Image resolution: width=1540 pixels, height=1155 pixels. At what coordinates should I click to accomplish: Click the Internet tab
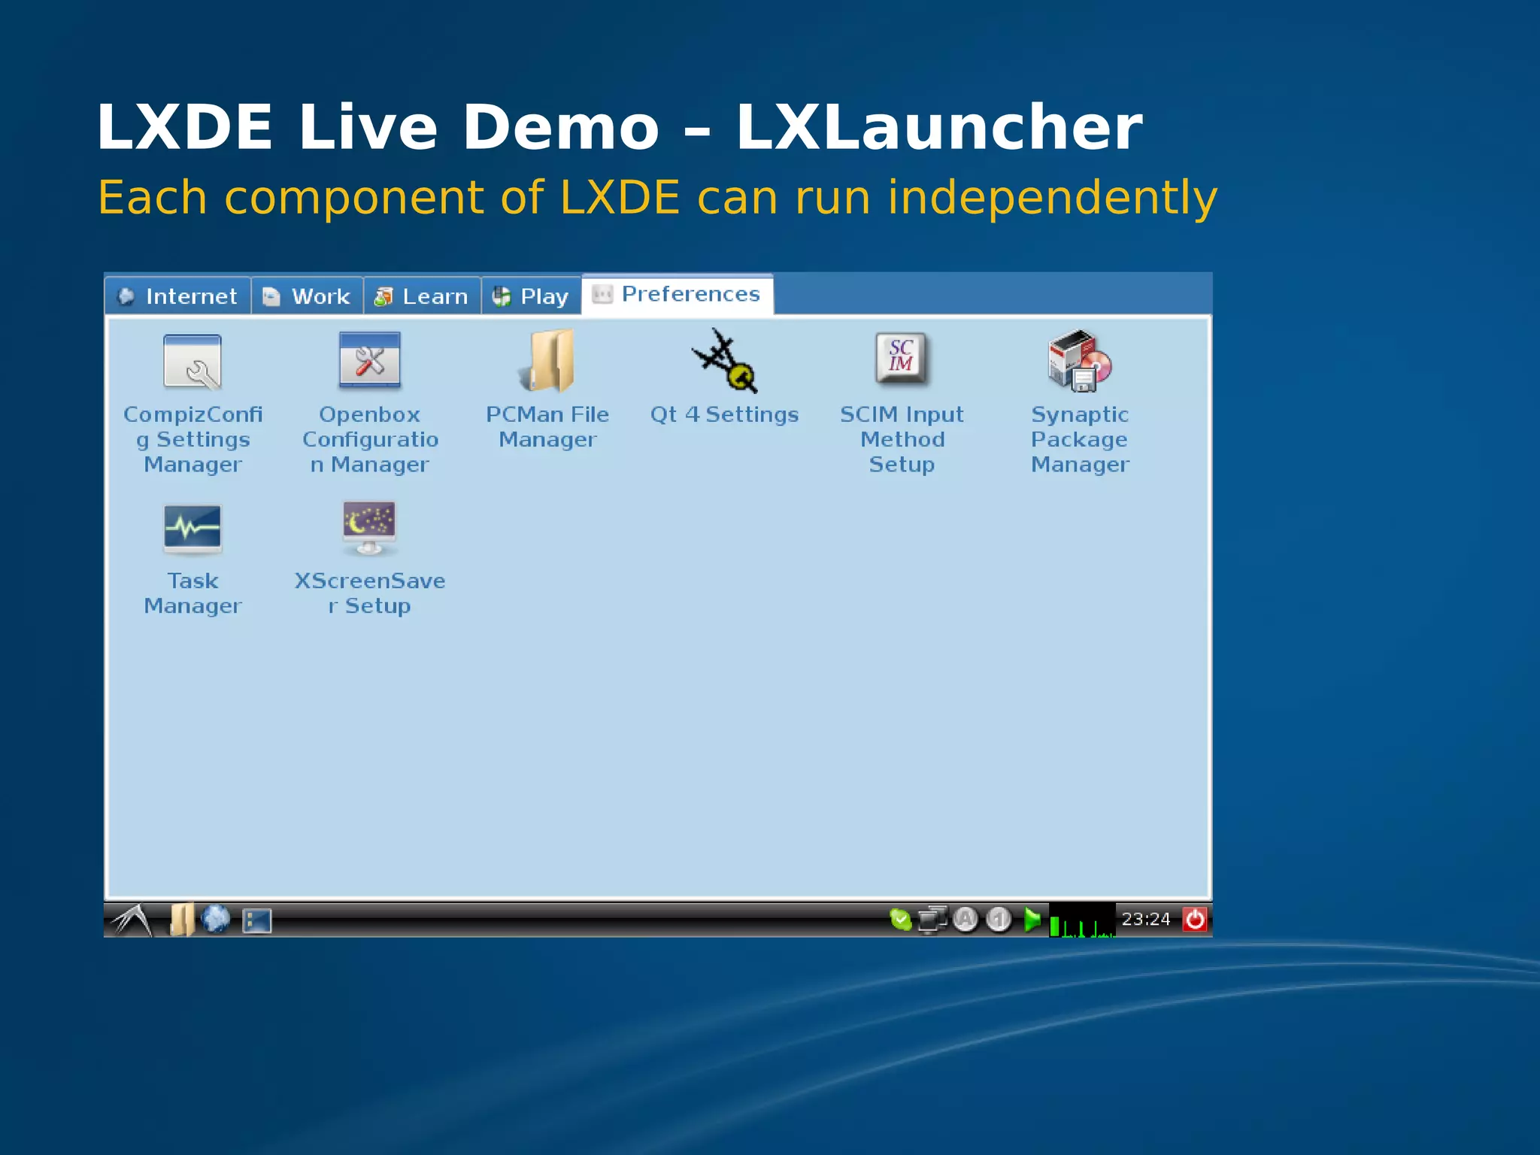[x=178, y=296]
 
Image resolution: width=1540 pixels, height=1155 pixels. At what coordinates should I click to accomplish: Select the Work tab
[x=307, y=296]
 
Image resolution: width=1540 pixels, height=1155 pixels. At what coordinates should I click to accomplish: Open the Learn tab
[x=422, y=296]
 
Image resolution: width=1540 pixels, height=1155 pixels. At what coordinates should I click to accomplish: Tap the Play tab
[x=531, y=296]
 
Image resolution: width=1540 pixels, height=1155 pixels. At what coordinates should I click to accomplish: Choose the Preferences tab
[x=677, y=294]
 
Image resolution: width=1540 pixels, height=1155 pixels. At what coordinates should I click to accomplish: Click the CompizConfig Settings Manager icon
[x=192, y=362]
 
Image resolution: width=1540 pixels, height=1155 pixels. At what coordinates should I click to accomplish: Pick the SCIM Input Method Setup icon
[x=902, y=359]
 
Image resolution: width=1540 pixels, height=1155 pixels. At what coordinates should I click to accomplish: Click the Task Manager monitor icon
[x=192, y=529]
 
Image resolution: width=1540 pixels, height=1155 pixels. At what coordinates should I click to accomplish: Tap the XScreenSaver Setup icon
[x=369, y=527]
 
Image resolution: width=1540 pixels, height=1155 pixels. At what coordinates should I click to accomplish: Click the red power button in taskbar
[x=1195, y=919]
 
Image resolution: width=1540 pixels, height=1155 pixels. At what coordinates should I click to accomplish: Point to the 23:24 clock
[x=1146, y=919]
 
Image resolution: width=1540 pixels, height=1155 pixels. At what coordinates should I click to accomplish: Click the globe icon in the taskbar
[x=216, y=919]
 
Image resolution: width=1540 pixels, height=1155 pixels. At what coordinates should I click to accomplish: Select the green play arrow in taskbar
[x=1032, y=919]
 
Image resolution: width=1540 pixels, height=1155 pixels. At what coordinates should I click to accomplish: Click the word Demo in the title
[x=560, y=128]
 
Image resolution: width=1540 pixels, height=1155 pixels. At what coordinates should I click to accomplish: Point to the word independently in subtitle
[x=1052, y=198]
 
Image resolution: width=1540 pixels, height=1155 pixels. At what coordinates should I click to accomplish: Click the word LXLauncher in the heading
[x=938, y=128]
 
